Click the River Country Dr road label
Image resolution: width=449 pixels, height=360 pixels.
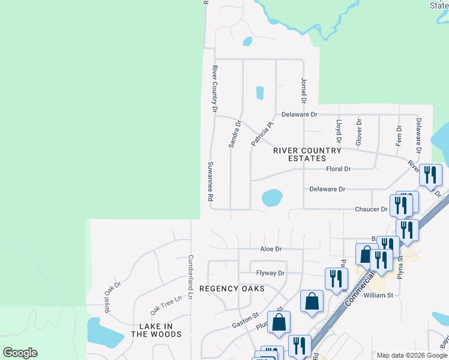point(214,89)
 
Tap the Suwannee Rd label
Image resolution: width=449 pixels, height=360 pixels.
point(211,181)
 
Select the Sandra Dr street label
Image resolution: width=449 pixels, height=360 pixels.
point(235,134)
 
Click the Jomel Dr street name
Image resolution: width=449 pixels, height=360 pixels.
point(304,91)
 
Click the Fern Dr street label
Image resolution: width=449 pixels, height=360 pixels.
point(399,136)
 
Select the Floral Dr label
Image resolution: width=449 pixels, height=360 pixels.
point(338,169)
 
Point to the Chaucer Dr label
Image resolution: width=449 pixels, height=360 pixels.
point(372,209)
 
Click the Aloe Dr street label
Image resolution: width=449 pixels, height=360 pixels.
point(271,248)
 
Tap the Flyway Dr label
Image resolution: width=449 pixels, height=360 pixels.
point(270,273)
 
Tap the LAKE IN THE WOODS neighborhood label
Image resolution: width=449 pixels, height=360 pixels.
point(156,330)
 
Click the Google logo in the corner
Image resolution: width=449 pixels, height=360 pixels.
point(20,353)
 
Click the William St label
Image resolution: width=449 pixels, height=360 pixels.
point(378,295)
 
